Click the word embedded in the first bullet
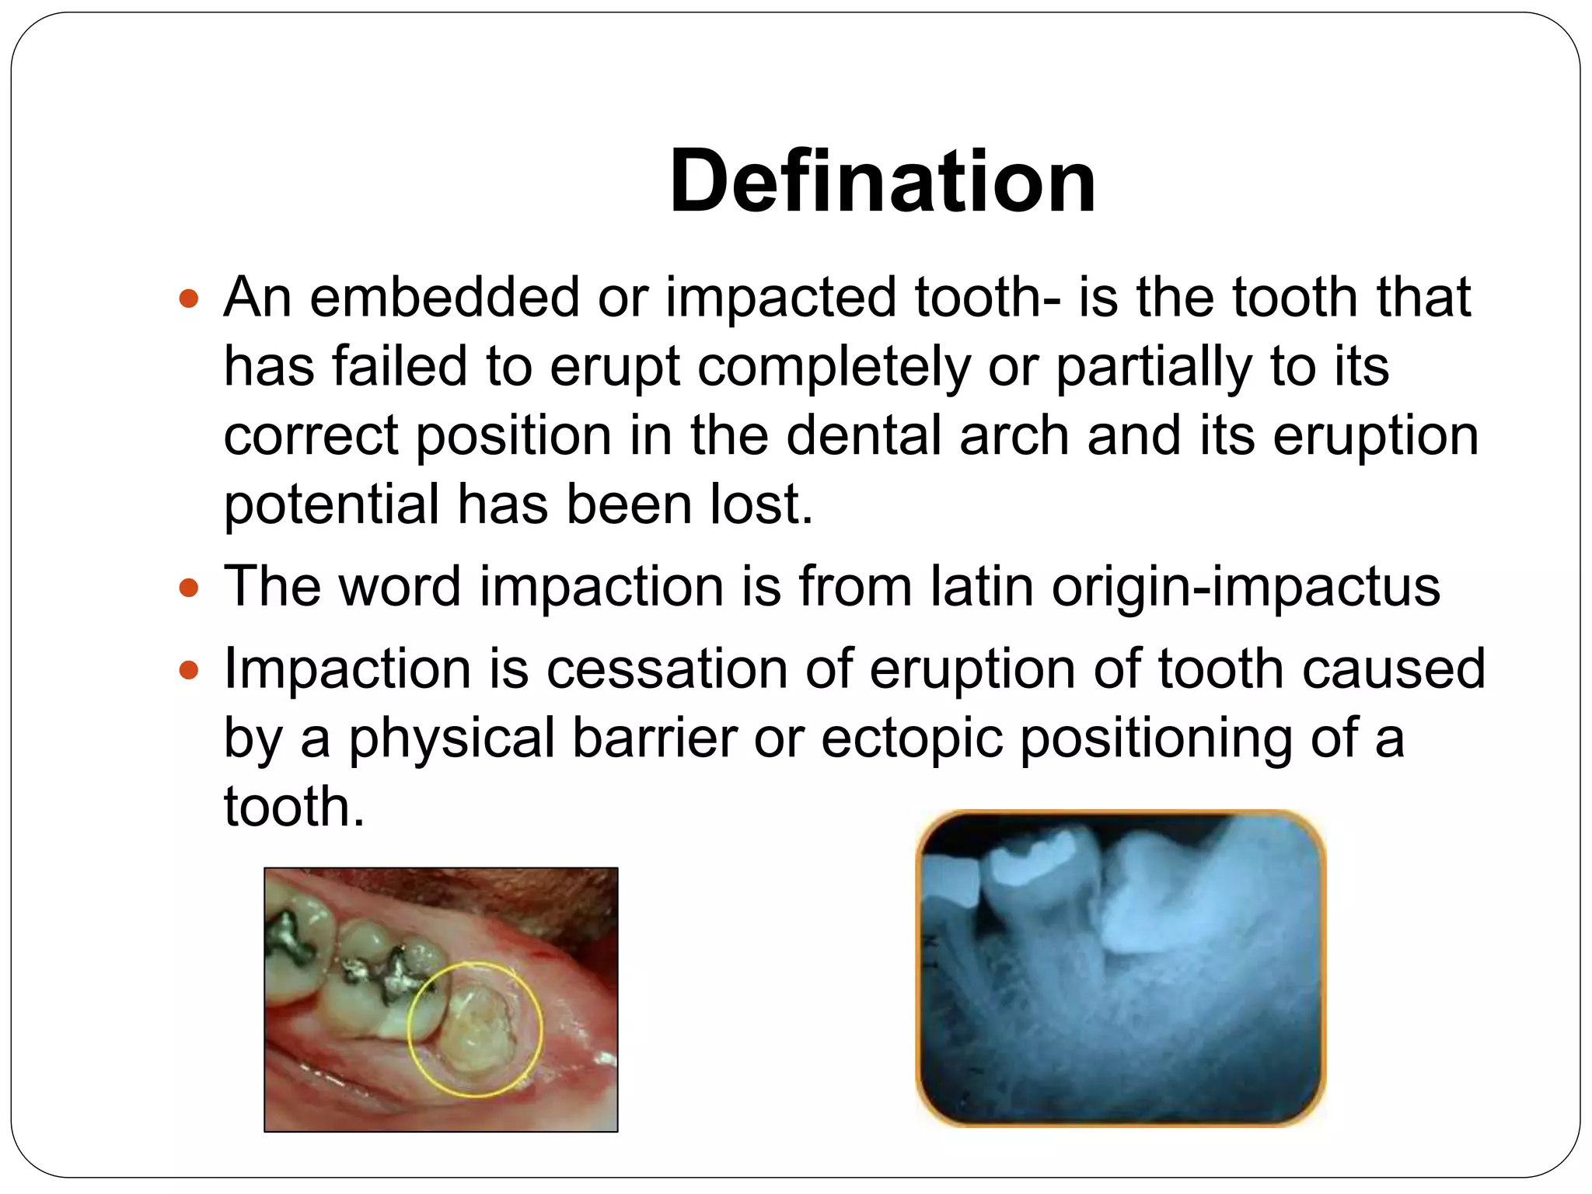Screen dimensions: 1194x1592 (x=445, y=298)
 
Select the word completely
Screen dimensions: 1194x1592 (x=833, y=367)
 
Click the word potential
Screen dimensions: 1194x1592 (x=331, y=505)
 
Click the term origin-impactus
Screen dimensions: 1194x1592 (x=1245, y=588)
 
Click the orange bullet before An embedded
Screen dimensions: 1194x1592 (x=189, y=298)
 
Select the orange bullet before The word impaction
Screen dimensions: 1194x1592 (x=189, y=587)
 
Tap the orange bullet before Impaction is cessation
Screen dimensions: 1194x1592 (x=189, y=669)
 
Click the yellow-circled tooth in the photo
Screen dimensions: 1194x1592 (x=476, y=1028)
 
